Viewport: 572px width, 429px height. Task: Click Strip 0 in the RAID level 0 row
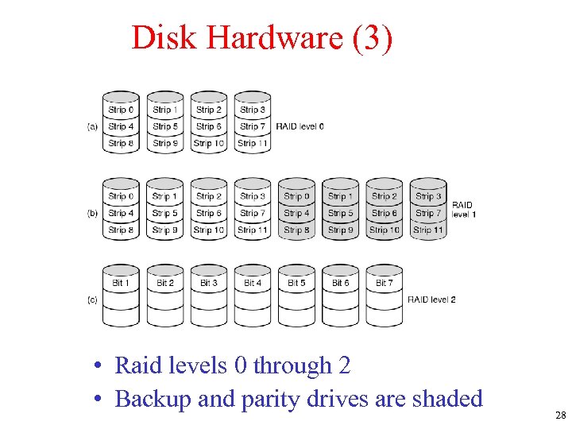pyautogui.click(x=122, y=110)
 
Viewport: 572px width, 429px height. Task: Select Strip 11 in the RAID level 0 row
pyautogui.click(x=253, y=144)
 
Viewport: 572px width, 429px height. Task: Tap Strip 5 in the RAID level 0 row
pyautogui.click(x=165, y=126)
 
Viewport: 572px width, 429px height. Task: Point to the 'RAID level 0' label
pyautogui.click(x=300, y=126)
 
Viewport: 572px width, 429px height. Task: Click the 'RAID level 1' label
pyautogui.click(x=462, y=210)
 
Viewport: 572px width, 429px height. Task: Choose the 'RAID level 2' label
pyautogui.click(x=431, y=300)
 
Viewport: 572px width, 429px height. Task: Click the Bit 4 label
pyautogui.click(x=253, y=283)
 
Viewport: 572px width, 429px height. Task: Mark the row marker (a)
pyautogui.click(x=93, y=126)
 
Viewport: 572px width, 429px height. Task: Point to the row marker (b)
pyautogui.click(x=93, y=213)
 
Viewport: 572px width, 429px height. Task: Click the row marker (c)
pyautogui.click(x=93, y=300)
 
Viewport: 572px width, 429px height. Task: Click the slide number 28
pyautogui.click(x=560, y=415)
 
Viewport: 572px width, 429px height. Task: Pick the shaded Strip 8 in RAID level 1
pyautogui.click(x=296, y=230)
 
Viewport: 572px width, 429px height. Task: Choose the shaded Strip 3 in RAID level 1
pyautogui.click(x=427, y=196)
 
